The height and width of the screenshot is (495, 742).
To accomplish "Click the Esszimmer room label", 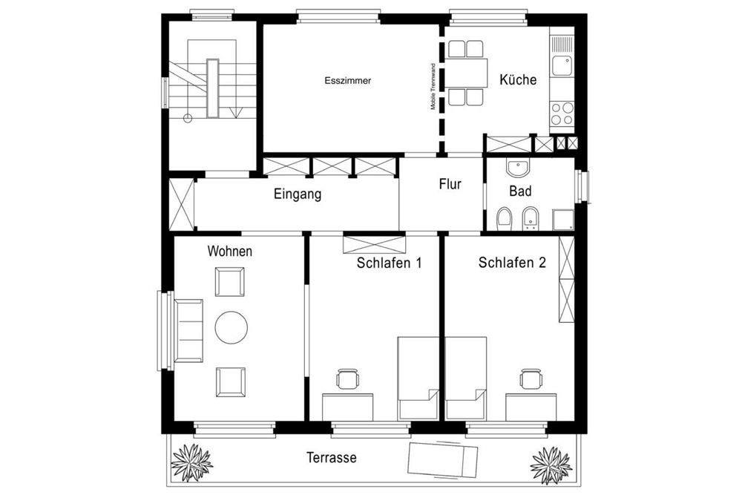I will point(348,80).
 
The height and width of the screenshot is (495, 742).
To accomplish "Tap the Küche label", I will point(518,80).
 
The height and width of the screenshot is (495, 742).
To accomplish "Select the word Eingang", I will point(298,195).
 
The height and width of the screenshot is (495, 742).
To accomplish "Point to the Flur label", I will point(450,184).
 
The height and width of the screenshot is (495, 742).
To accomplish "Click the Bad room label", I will point(520,191).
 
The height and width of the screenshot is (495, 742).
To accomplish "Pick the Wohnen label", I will point(229,252).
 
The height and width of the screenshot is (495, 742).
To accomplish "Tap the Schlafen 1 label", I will point(390,263).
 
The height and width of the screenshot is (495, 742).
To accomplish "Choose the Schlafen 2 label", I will point(513,263).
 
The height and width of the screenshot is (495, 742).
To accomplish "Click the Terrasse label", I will point(331,458).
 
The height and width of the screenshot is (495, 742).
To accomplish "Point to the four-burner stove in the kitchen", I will point(562,114).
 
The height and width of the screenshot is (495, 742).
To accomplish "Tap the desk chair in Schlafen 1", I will point(347,379).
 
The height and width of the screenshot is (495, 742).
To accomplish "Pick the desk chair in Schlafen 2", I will point(529,378).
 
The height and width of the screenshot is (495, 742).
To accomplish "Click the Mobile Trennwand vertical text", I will point(434,85).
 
